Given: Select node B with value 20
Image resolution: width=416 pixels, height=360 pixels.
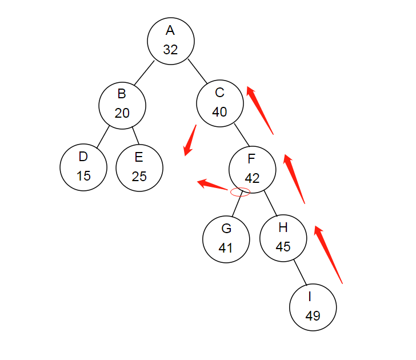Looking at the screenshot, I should pyautogui.click(x=122, y=103).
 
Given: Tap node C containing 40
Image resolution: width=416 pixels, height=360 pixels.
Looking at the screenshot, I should pyautogui.click(x=219, y=102).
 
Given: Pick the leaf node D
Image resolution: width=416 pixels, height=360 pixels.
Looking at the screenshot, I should pyautogui.click(x=83, y=166).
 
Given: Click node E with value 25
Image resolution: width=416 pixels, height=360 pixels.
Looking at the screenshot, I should pyautogui.click(x=139, y=167).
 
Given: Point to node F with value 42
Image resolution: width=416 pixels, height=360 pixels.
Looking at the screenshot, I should pyautogui.click(x=252, y=168).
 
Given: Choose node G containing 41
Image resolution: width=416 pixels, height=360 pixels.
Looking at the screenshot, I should pyautogui.click(x=226, y=238).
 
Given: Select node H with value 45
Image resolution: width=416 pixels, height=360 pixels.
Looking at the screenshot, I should pyautogui.click(x=283, y=237).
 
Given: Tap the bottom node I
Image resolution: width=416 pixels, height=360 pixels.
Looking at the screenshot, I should pyautogui.click(x=313, y=307).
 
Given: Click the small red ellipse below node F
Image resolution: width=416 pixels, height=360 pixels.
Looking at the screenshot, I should pyautogui.click(x=240, y=193).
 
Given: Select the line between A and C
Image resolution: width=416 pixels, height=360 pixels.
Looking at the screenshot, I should pyautogui.click(x=196, y=71).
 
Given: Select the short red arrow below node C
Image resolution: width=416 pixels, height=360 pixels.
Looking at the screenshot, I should pyautogui.click(x=190, y=140).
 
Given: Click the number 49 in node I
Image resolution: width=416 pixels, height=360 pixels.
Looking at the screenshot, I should pyautogui.click(x=313, y=316).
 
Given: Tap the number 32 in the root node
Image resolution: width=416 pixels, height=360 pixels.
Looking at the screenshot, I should pyautogui.click(x=170, y=50).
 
